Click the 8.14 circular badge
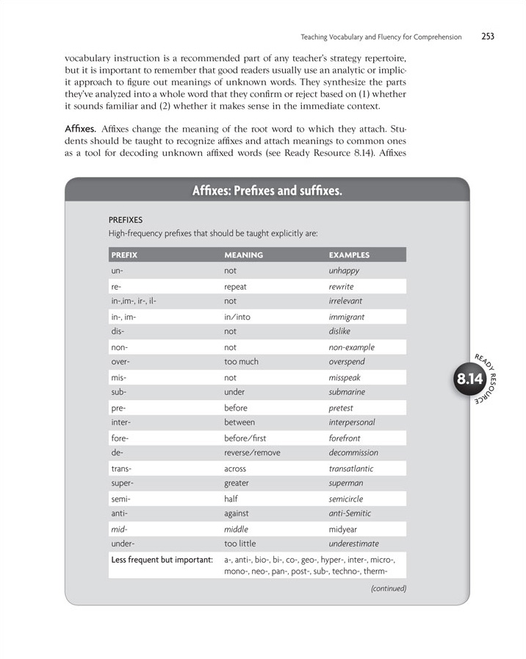(x=469, y=380)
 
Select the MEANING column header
(x=243, y=255)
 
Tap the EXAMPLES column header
(x=349, y=255)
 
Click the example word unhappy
(x=344, y=271)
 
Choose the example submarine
(x=347, y=392)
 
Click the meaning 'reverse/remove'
(x=252, y=453)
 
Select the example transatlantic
(x=351, y=469)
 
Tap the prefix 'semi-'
(x=121, y=499)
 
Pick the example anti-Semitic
(x=350, y=513)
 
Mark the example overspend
(x=347, y=362)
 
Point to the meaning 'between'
(x=239, y=423)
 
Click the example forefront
(x=345, y=438)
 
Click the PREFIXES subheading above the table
(x=126, y=219)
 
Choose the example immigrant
(x=347, y=317)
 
